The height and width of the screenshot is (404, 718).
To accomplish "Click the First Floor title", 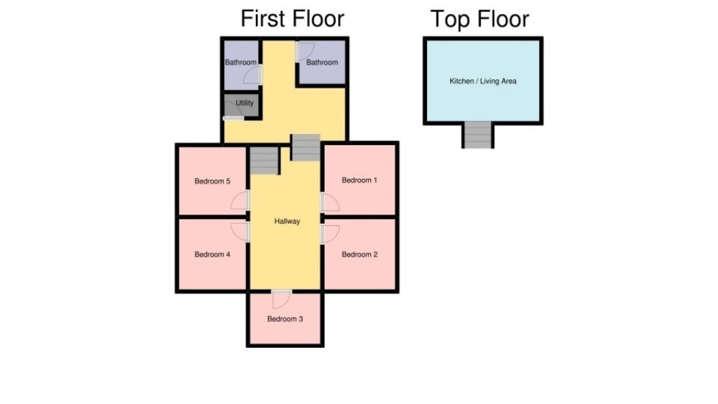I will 292,18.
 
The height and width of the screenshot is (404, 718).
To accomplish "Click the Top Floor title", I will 480,19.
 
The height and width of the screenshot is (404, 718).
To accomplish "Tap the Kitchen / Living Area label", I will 482,81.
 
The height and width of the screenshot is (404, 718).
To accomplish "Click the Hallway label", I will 287,222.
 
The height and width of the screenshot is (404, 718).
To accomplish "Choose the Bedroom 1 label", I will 360,180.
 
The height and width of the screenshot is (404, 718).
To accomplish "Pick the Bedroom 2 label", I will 360,255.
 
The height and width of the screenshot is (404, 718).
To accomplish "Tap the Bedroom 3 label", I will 285,319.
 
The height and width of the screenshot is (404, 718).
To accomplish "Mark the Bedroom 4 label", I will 212,255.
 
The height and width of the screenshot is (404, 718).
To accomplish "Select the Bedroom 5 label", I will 212,182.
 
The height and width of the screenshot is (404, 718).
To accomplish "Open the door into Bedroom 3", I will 281,299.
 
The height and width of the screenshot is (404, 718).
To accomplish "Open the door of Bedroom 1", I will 330,203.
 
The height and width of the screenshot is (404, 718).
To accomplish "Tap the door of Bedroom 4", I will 241,232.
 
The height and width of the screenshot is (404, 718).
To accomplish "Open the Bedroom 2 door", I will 330,233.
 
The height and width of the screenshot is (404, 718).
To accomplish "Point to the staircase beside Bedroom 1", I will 306,147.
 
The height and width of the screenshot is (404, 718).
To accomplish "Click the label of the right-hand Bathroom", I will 322,62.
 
